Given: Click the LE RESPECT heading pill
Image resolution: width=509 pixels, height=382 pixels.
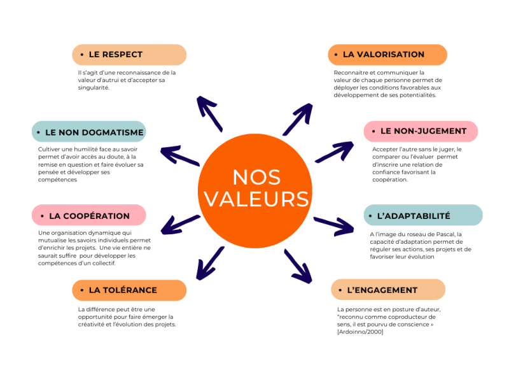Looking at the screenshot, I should click(x=129, y=55).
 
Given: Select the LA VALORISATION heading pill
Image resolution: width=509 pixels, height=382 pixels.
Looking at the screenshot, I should click(x=387, y=55).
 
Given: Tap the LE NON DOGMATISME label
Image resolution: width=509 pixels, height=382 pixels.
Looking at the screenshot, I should click(x=88, y=132).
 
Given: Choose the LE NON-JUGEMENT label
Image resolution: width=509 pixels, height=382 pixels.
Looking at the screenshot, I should click(x=421, y=131).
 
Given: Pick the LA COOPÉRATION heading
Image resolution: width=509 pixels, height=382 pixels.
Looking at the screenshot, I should click(x=88, y=215).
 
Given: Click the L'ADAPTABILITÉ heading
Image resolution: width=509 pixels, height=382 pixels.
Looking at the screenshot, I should click(x=422, y=215).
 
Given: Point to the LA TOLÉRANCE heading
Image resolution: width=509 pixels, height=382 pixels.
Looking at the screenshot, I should click(x=129, y=290).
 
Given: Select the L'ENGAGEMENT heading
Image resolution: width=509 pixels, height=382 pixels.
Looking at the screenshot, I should click(x=387, y=290).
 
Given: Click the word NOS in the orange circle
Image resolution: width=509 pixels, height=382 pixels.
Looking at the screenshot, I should click(x=256, y=176).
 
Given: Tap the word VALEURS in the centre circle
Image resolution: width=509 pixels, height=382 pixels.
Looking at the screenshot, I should click(x=256, y=198).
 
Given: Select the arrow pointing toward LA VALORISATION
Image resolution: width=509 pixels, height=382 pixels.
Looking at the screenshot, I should click(x=297, y=118).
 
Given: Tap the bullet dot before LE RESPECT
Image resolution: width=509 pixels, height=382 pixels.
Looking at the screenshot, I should click(x=82, y=55).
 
